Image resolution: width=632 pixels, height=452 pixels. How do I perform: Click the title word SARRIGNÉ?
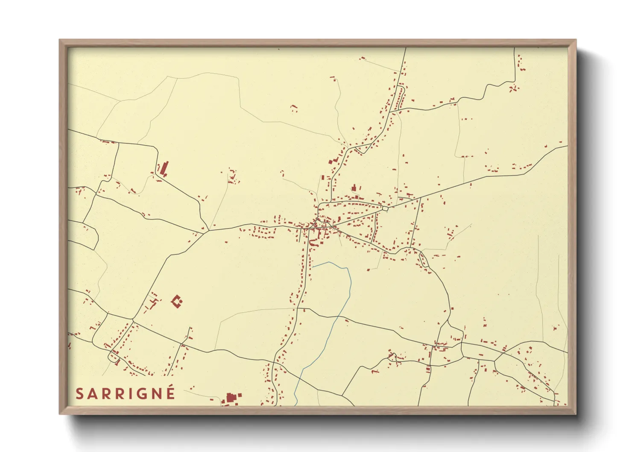coord(125,394)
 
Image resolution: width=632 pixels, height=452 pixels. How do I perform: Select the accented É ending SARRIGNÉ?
coord(170,393)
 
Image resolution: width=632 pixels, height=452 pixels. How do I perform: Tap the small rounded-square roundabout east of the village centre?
coord(385,208)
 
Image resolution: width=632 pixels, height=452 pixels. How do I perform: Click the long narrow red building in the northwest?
coord(164,168)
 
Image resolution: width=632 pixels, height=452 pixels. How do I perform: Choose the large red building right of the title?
coord(231,398)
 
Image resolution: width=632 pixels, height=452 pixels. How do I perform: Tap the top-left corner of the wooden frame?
coord(60,41)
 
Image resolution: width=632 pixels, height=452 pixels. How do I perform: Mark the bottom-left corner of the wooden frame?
coord(60,414)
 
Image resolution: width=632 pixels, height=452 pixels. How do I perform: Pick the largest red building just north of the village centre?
coord(354,188)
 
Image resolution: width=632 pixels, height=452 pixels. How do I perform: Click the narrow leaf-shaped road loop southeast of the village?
coord(424,260)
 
